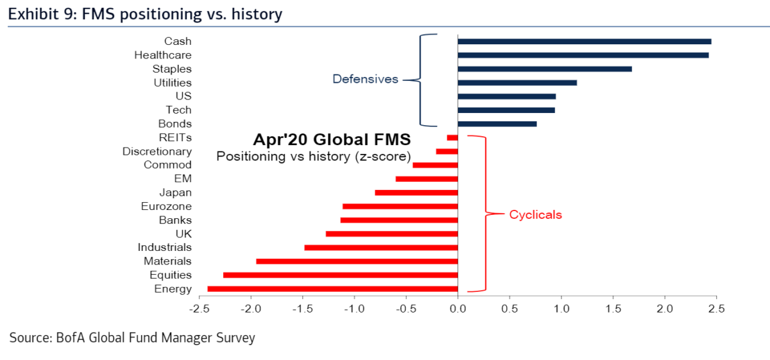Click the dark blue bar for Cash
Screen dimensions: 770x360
click(x=585, y=42)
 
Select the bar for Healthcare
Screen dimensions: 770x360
click(x=583, y=55)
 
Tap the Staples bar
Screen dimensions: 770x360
click(x=545, y=69)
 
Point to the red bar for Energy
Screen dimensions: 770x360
click(x=333, y=289)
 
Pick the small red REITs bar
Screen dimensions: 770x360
click(x=452, y=138)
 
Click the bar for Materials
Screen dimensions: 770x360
click(x=357, y=261)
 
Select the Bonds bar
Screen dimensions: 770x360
click(x=497, y=124)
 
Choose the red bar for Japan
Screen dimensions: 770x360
click(x=416, y=193)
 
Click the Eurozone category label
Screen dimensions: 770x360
click(x=166, y=206)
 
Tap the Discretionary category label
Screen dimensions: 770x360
click(x=157, y=151)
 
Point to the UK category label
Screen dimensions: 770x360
click(x=184, y=234)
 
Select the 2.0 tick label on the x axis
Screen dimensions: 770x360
click(x=665, y=309)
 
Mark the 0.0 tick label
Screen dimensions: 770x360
click(x=458, y=309)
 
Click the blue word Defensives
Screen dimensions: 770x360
click(x=365, y=79)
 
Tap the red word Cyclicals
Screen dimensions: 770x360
click(x=536, y=215)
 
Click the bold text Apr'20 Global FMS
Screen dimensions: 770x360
click(x=332, y=140)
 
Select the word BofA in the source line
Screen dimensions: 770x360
click(x=71, y=338)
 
